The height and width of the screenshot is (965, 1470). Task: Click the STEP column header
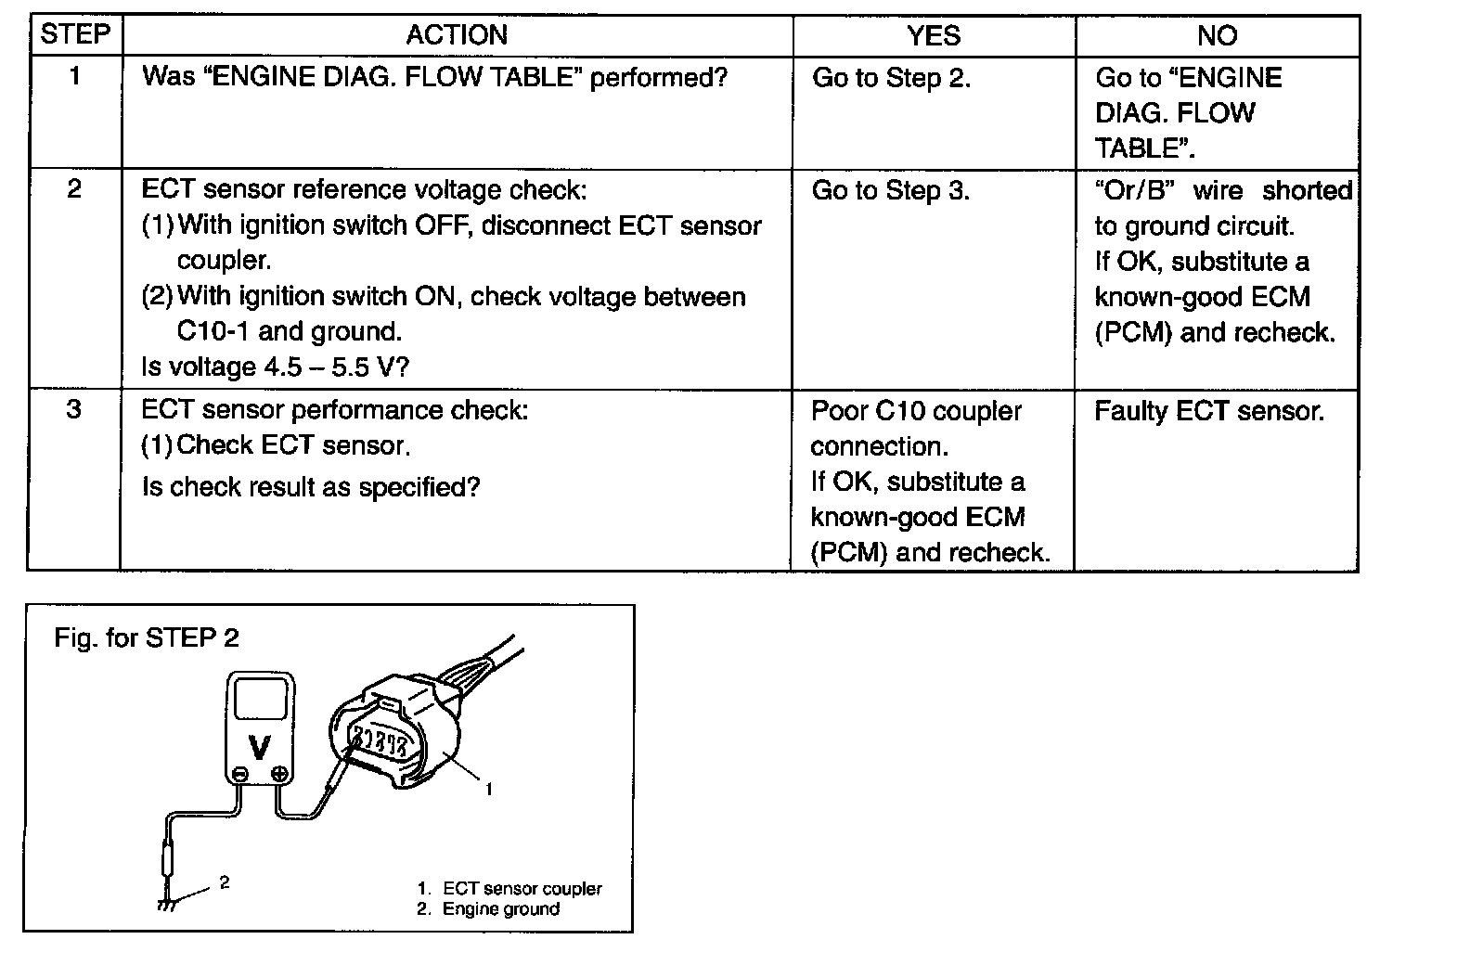pyautogui.click(x=75, y=34)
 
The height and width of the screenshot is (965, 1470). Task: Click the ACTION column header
pyautogui.click(x=457, y=34)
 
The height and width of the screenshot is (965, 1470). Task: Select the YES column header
pyautogui.click(x=934, y=35)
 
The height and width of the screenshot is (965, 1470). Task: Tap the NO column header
pyautogui.click(x=1218, y=35)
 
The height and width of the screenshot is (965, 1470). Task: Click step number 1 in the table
pyautogui.click(x=75, y=76)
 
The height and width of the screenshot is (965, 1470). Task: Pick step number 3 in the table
pyautogui.click(x=73, y=409)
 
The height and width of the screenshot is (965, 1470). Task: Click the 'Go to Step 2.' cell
pyautogui.click(x=891, y=78)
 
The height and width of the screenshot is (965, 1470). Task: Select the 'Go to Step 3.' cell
pyautogui.click(x=891, y=191)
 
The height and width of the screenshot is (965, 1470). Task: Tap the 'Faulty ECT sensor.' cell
pyautogui.click(x=1209, y=411)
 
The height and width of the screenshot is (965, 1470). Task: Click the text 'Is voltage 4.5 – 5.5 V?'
pyautogui.click(x=275, y=367)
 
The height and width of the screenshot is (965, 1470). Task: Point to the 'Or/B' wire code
pyautogui.click(x=1134, y=190)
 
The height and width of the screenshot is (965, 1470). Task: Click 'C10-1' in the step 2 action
pyautogui.click(x=213, y=331)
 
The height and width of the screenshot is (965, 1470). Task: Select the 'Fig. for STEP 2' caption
pyautogui.click(x=147, y=637)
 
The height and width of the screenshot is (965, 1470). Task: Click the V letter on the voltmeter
pyautogui.click(x=260, y=747)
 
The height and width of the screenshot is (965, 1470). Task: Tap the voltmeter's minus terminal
pyautogui.click(x=240, y=775)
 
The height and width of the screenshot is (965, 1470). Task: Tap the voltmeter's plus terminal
pyautogui.click(x=279, y=775)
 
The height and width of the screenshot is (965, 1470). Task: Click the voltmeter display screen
pyautogui.click(x=261, y=699)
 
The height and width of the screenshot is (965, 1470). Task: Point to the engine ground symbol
pyautogui.click(x=167, y=905)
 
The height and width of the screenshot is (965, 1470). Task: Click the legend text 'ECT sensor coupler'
pyautogui.click(x=522, y=888)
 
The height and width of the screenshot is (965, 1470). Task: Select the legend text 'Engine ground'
pyautogui.click(x=501, y=909)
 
